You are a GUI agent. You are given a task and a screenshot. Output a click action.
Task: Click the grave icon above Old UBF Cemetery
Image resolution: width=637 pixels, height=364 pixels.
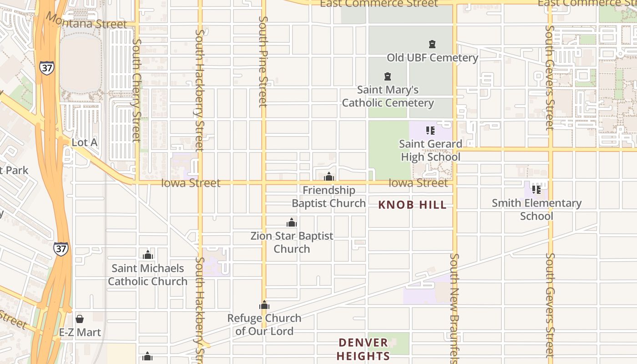(x=432, y=44)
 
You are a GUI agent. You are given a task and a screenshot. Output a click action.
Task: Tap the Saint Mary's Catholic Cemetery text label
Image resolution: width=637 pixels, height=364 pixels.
(x=388, y=96)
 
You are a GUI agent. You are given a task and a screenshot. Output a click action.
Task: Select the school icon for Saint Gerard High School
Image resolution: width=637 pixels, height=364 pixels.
(x=430, y=131)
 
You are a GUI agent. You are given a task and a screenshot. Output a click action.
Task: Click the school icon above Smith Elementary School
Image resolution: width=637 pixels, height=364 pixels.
(x=536, y=189)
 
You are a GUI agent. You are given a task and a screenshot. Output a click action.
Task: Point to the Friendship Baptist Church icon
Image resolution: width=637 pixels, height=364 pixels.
(x=329, y=177)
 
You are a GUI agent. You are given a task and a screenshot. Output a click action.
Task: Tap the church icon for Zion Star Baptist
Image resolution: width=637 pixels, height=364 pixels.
(x=292, y=222)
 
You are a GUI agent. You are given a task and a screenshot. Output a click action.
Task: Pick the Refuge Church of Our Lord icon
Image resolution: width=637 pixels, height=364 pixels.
(x=264, y=305)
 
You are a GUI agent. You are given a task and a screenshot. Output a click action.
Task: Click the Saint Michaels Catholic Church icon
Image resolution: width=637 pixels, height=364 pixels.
(x=147, y=255)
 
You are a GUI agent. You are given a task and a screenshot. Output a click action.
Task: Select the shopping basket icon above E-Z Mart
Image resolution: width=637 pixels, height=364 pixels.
(x=80, y=319)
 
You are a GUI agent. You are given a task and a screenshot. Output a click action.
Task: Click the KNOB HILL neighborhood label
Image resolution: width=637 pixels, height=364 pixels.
(x=412, y=205)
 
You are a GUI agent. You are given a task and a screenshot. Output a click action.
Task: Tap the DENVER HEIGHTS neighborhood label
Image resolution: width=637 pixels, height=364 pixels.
(x=364, y=349)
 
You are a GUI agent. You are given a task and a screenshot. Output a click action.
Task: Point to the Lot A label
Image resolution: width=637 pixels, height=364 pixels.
(x=85, y=142)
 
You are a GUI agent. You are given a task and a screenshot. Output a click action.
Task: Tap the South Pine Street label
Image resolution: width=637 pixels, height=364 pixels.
(x=263, y=61)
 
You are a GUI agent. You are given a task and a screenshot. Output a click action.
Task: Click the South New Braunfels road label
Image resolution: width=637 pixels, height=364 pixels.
(x=454, y=308)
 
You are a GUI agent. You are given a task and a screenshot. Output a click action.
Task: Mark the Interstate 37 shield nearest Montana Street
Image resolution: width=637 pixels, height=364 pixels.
(x=46, y=67)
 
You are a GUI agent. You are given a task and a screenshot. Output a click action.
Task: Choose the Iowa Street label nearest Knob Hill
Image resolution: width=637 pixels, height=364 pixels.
(x=418, y=183)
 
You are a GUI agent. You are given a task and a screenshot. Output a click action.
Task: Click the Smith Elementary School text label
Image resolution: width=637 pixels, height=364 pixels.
(x=536, y=209)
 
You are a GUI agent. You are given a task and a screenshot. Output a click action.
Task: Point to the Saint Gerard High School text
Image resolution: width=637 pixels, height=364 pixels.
(x=430, y=151)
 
